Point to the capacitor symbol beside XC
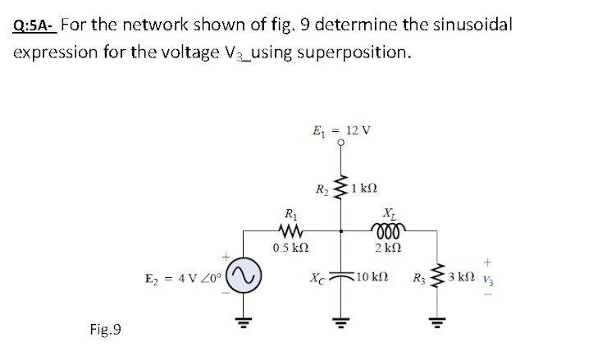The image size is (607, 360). (x=342, y=277)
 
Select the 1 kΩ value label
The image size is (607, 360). (x=365, y=189)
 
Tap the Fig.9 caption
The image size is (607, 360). (x=105, y=330)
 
